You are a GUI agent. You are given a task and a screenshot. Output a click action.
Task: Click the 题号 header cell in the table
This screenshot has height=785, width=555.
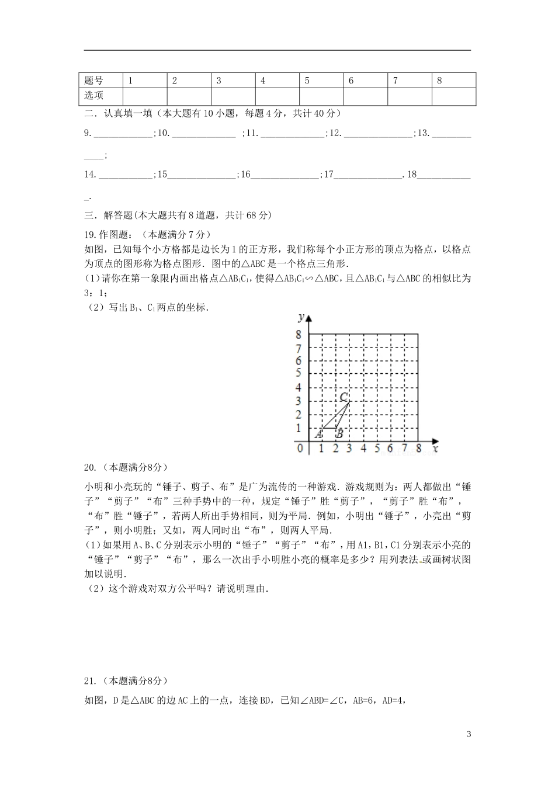point(94,81)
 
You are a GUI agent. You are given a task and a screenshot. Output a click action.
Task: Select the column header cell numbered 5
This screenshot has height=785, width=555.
point(307,81)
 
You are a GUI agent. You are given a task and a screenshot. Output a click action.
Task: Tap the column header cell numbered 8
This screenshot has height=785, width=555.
point(439,81)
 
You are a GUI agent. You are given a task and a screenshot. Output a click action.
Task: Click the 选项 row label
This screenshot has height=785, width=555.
point(94,96)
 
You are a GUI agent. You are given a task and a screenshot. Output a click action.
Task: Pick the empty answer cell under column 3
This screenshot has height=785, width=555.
point(233,96)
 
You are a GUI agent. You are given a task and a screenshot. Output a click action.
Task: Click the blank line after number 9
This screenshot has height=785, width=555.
point(122,134)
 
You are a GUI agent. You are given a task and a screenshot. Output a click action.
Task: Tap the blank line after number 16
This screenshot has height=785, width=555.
point(285,175)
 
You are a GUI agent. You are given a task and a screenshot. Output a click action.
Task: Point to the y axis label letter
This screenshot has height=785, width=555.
point(300,317)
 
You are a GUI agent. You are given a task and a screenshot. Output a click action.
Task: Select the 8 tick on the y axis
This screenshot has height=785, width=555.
point(298,335)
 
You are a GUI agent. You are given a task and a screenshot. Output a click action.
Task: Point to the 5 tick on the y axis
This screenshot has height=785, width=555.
point(298,374)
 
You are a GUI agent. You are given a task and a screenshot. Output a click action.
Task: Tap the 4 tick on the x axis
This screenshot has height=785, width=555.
point(363,449)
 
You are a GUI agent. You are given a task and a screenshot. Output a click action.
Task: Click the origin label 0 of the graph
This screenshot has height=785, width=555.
point(300,449)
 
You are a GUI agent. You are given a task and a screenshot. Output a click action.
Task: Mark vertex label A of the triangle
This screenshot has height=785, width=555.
point(319,434)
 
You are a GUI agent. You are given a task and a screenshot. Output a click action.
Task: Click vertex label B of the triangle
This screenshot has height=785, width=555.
point(339,434)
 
